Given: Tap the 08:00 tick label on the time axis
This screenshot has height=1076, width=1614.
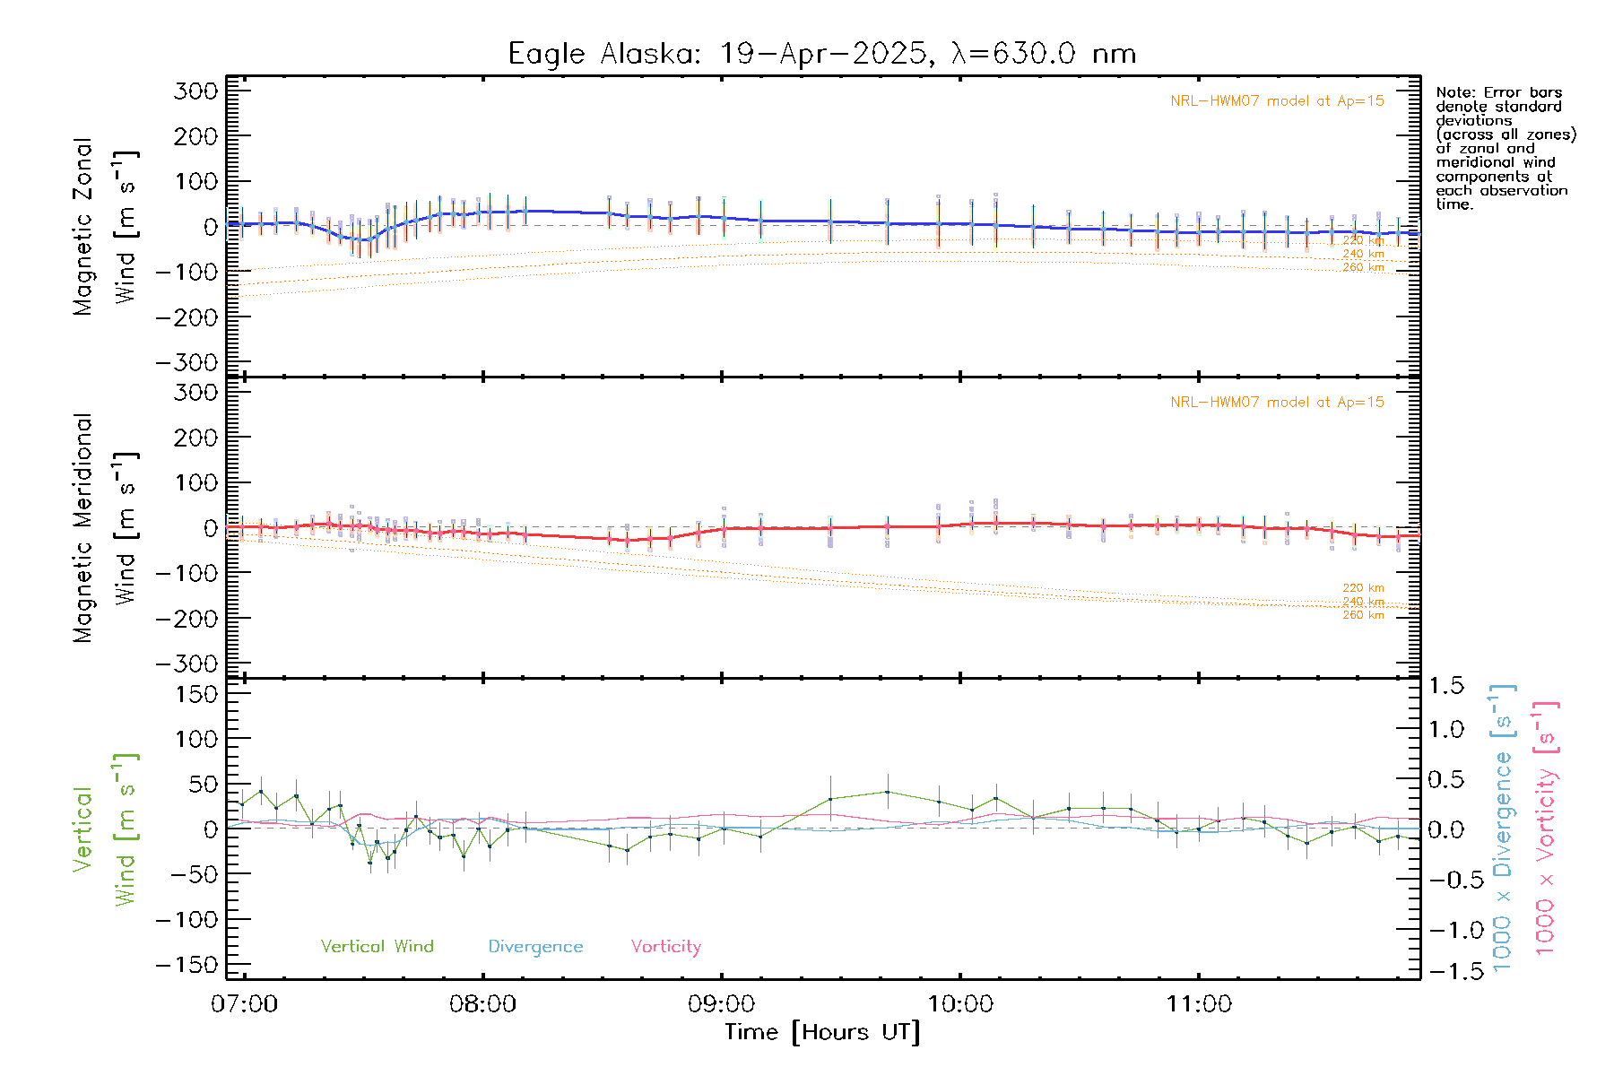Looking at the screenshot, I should click(x=482, y=1004).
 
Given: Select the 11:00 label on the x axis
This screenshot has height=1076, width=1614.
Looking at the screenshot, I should click(x=1199, y=1004).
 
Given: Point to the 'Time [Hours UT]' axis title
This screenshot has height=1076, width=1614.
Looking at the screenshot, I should click(x=822, y=1033).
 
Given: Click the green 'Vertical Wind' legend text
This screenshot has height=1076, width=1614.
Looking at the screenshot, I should click(x=377, y=947).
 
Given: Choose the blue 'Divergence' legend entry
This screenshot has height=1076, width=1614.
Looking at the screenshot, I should click(x=535, y=947).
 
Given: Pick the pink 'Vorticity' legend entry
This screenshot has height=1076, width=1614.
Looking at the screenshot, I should click(x=665, y=947).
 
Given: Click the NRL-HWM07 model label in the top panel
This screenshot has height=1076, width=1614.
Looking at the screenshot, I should click(x=1277, y=101).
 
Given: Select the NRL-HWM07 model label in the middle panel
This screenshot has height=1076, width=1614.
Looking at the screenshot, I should click(x=1277, y=403).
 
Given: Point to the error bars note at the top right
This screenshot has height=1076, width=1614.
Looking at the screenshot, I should click(x=1505, y=148).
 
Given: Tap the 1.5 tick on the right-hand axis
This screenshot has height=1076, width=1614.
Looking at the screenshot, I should click(x=1445, y=686).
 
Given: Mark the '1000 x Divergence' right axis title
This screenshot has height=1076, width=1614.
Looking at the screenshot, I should click(x=1503, y=828).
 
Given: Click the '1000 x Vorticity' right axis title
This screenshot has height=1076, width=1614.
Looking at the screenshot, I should click(x=1546, y=828).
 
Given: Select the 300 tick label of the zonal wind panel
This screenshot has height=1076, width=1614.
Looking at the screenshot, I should click(x=195, y=91).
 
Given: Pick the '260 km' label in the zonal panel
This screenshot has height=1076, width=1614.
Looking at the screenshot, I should click(x=1363, y=268).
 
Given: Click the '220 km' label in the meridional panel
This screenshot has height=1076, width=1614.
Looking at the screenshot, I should click(x=1363, y=588).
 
